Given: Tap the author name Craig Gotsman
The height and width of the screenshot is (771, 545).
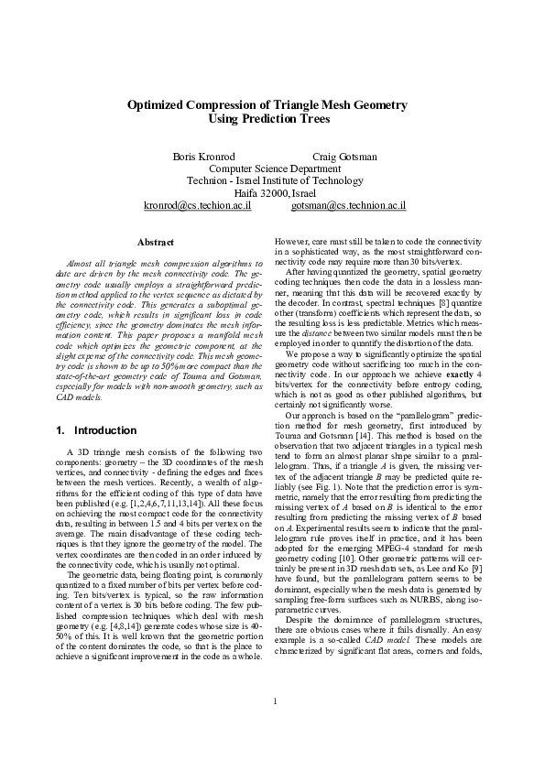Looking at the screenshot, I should (x=344, y=157).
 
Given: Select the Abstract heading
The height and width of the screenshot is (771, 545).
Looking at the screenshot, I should (x=155, y=242).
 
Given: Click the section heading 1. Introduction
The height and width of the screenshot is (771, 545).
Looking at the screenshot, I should (x=87, y=429).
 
